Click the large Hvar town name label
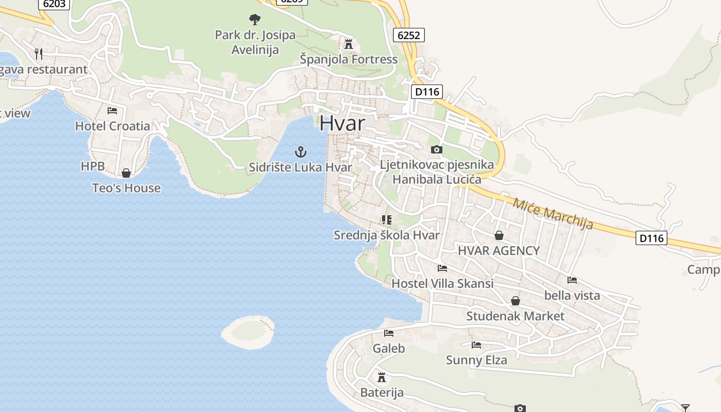click(x=342, y=124)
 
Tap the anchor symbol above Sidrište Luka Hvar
click(x=300, y=152)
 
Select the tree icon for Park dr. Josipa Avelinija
click(x=254, y=20)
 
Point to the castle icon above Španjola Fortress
click(x=349, y=44)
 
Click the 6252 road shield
click(x=409, y=35)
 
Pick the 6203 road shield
click(x=53, y=4)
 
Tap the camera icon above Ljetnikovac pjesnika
click(x=436, y=149)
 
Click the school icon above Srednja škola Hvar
click(x=386, y=220)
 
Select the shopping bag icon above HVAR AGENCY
click(x=499, y=235)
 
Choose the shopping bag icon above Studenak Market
click(x=515, y=300)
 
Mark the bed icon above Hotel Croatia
click(x=112, y=110)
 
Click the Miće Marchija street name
click(x=553, y=213)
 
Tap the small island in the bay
click(x=248, y=332)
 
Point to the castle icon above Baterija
click(x=381, y=377)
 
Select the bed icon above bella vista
click(x=572, y=280)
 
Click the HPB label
click(x=93, y=166)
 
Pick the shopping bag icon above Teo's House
click(x=126, y=173)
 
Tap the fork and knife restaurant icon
click(x=39, y=53)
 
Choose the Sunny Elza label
click(x=476, y=360)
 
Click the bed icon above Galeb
click(x=388, y=333)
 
